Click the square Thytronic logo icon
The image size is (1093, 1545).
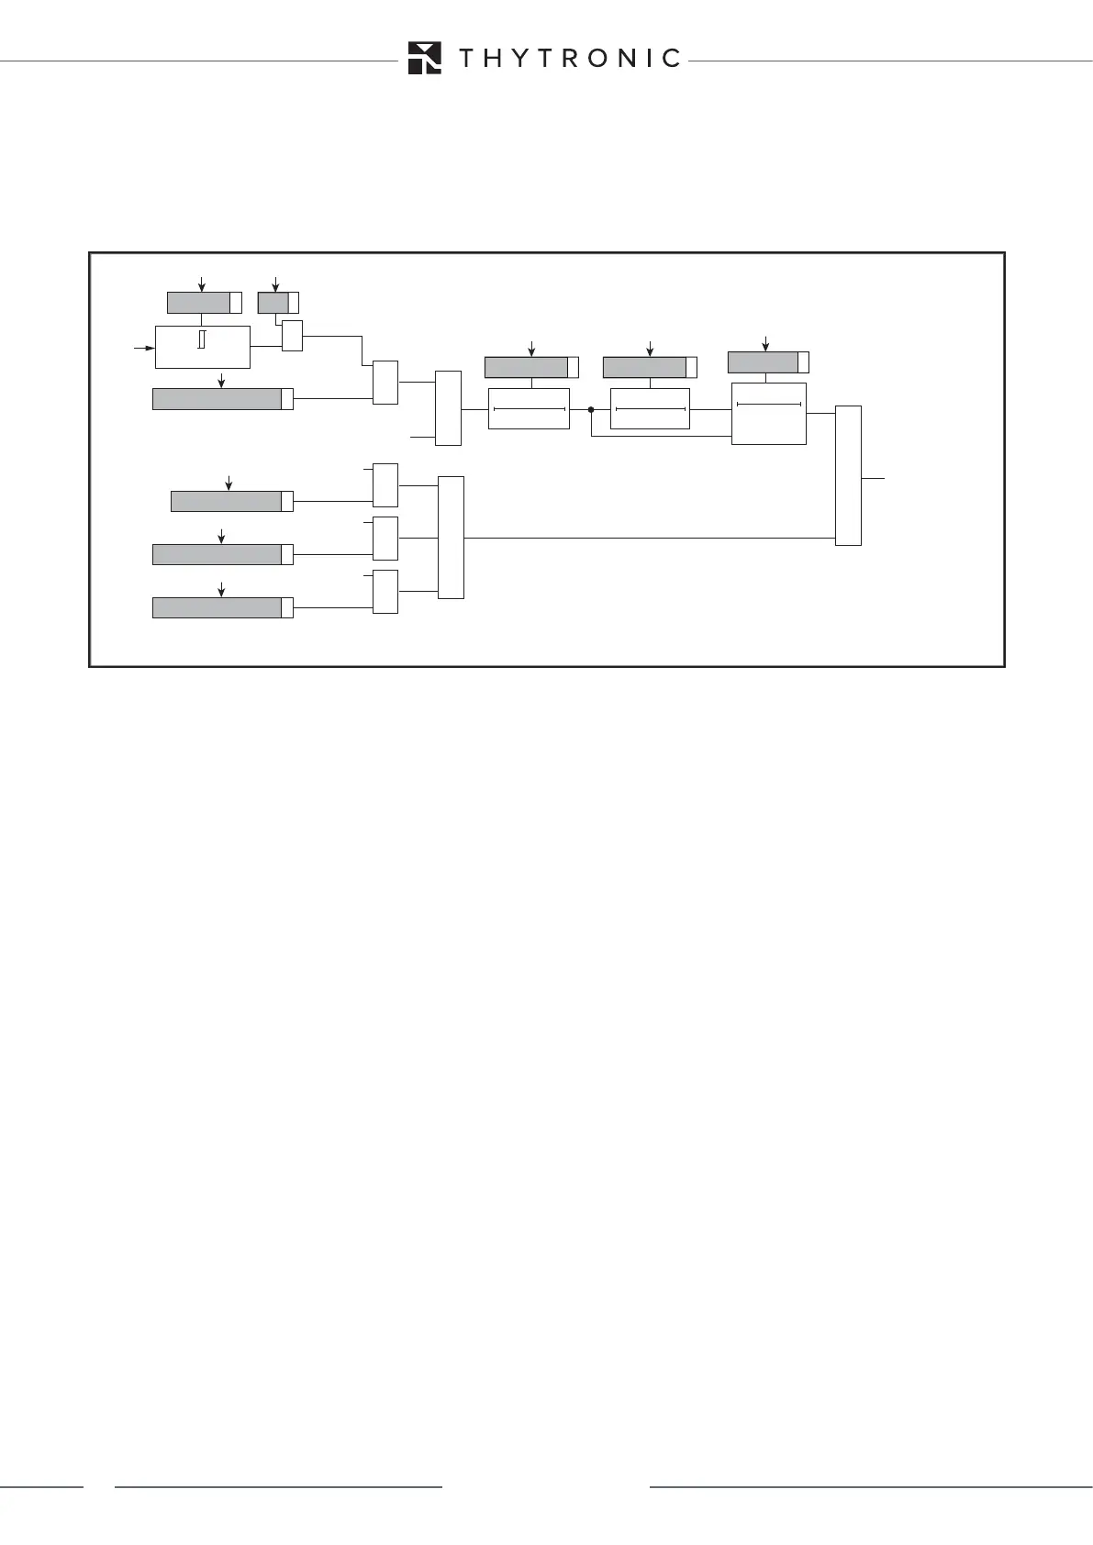tap(425, 58)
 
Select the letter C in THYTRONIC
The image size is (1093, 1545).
tap(670, 59)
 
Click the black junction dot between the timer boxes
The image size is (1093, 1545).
tap(592, 410)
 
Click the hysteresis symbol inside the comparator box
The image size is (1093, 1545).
tap(200, 339)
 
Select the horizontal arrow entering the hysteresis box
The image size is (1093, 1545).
tap(144, 348)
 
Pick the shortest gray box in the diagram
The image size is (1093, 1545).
tap(273, 302)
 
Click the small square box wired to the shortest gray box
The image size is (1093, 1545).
tap(292, 336)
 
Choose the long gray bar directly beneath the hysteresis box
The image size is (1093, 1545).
tap(217, 398)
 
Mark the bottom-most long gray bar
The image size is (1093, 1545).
tap(217, 607)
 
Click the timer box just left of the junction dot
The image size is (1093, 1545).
tap(529, 408)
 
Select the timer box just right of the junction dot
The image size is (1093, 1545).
tap(650, 408)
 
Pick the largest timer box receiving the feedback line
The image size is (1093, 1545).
tap(769, 414)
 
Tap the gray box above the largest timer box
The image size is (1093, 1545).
tap(764, 361)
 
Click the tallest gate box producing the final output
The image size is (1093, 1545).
tap(849, 475)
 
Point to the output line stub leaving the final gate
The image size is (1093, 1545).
tap(875, 478)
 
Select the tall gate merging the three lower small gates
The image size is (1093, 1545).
tap(452, 538)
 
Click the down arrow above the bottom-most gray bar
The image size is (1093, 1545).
tap(221, 588)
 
